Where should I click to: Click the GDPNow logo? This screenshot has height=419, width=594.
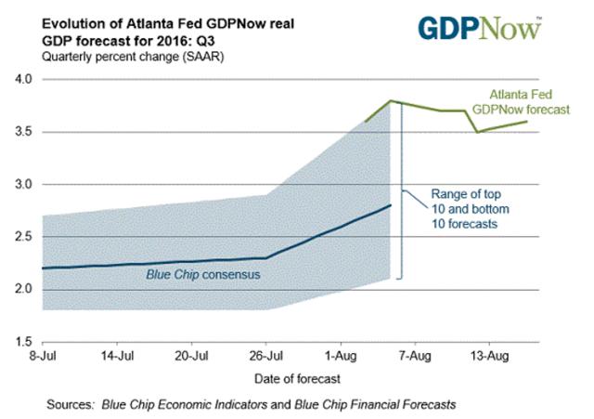click(x=479, y=27)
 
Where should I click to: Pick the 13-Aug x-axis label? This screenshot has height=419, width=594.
click(x=489, y=356)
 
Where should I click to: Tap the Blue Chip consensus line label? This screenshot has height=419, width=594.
click(x=202, y=276)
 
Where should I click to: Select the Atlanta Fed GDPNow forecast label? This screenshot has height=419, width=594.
click(x=530, y=102)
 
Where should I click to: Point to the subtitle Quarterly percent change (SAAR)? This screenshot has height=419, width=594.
click(x=123, y=58)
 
